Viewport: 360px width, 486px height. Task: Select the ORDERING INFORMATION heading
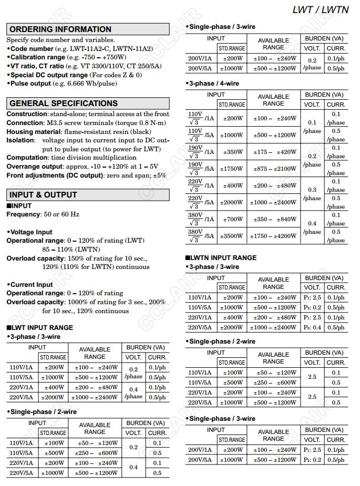pos(60,29)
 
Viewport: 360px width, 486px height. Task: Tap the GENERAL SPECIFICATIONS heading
pos(64,104)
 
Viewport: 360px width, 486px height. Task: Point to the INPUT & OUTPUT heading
pos(43,195)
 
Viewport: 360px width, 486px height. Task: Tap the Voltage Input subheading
pos(30,232)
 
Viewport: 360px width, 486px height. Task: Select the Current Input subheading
pos(30,285)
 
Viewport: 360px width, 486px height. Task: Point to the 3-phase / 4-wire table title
pos(214,84)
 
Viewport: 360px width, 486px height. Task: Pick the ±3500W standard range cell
pos(231,236)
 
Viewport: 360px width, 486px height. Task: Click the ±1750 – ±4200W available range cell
pos(273,236)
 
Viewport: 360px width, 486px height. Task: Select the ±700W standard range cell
pos(231,219)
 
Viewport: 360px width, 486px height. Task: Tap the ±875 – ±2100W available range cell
pos(273,169)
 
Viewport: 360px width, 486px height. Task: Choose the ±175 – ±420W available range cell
pos(273,152)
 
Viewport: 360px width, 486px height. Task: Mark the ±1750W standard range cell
pos(231,169)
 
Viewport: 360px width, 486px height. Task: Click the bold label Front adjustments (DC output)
pos(55,175)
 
